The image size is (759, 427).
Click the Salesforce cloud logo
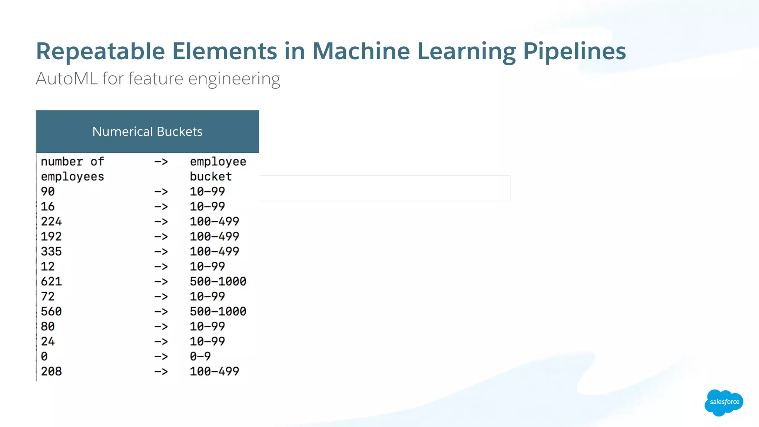(723, 402)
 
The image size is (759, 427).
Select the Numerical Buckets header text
(147, 132)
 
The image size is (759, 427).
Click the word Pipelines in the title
(574, 51)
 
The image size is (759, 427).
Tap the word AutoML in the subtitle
(67, 79)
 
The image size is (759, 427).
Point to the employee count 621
(51, 281)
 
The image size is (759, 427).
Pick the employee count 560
(51, 311)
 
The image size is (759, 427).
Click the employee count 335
(51, 251)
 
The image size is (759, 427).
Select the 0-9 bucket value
(200, 356)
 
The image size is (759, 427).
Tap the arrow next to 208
(161, 371)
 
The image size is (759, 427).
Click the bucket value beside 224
(214, 221)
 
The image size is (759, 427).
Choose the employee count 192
(51, 236)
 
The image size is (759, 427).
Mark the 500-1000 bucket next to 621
(218, 281)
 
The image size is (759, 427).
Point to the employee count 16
(47, 206)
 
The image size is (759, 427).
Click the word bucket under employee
(211, 176)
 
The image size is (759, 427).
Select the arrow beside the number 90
(161, 192)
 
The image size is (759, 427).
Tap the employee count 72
(47, 296)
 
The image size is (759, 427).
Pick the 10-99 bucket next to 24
(207, 341)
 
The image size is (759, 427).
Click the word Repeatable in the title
(100, 51)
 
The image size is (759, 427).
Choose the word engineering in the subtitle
(234, 79)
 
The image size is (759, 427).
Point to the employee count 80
(47, 326)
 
